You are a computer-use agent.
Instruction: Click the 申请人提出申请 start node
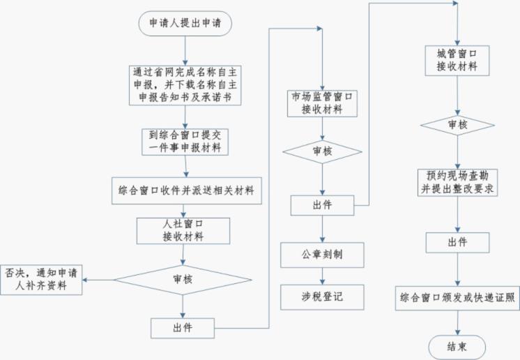click(x=185, y=22)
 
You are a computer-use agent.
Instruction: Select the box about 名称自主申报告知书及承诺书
click(x=185, y=84)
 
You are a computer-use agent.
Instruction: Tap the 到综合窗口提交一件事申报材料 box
click(x=185, y=142)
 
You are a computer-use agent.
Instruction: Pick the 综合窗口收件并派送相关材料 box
click(x=186, y=190)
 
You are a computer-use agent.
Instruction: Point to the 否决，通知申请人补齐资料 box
click(x=43, y=278)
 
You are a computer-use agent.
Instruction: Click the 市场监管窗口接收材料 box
click(x=322, y=103)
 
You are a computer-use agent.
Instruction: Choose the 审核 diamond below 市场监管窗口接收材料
click(x=322, y=151)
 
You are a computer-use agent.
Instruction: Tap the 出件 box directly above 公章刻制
click(x=322, y=205)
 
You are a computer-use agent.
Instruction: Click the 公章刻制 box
click(x=322, y=255)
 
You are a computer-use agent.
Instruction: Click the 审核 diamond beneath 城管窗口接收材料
click(x=457, y=125)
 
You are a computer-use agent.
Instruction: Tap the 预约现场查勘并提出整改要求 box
click(x=458, y=182)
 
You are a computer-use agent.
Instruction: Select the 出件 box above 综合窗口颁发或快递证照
click(x=457, y=242)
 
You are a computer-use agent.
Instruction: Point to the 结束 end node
click(x=457, y=345)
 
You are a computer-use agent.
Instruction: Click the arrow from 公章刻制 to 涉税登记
click(x=322, y=276)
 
